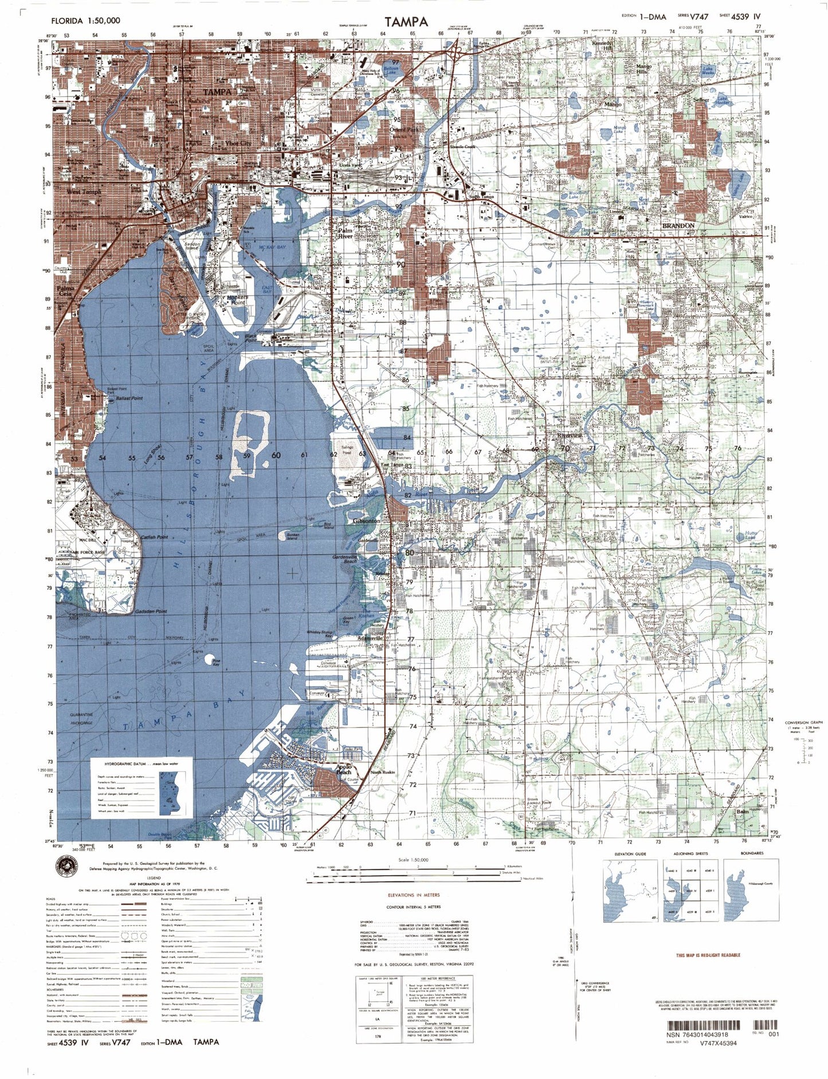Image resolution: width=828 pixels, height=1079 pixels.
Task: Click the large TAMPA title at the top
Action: coord(406,22)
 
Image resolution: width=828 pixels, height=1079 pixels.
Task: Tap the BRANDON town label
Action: coord(678,226)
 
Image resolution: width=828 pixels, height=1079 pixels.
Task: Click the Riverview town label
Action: coord(569,436)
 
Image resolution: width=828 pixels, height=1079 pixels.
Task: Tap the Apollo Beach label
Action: coord(344,769)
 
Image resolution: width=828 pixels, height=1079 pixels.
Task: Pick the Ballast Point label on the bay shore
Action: coord(129,398)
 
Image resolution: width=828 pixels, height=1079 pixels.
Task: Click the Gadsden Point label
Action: coord(151,612)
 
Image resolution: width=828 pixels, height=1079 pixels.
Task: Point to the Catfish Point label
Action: coord(154,537)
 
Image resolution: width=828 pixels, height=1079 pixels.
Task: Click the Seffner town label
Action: coord(701,100)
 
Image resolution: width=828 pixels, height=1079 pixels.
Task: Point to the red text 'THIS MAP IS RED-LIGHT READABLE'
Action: coord(708,955)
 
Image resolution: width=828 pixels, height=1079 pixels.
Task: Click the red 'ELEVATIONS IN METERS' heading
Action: coord(413,895)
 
